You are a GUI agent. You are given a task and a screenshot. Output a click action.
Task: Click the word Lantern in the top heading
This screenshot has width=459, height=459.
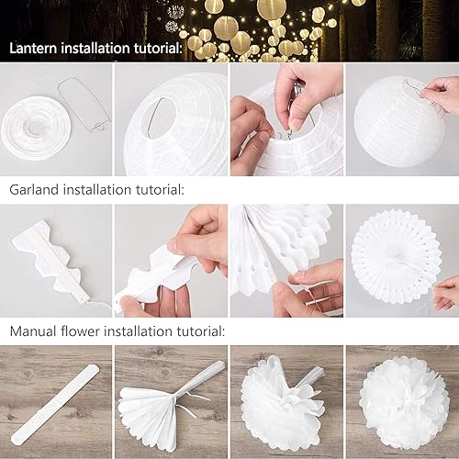coord(33,49)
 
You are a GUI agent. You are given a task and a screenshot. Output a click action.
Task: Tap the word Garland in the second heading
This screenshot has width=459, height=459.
coord(34,190)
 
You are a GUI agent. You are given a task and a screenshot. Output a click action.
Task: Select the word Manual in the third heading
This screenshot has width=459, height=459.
coord(33,331)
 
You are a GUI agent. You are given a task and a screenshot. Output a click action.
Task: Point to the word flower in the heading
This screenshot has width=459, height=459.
coord(80,331)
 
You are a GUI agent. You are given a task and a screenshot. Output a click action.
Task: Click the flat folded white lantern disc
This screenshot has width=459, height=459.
coord(37,128)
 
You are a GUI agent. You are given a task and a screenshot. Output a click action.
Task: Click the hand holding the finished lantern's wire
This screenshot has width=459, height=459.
coord(440,94)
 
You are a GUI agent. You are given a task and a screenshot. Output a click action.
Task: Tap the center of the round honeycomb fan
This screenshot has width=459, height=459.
coord(396,260)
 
